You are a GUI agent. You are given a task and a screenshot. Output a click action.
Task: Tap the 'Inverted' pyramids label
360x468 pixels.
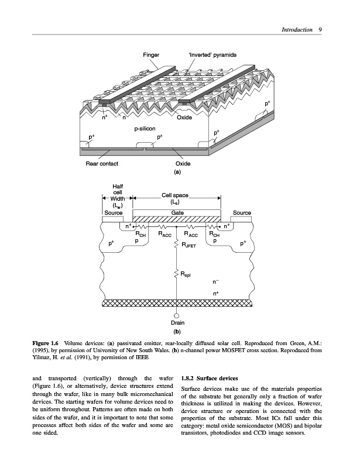click(212, 55)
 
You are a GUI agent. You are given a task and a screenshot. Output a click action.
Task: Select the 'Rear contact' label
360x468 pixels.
click(102, 164)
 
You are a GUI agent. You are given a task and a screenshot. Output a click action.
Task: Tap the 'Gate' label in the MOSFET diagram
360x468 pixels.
click(177, 213)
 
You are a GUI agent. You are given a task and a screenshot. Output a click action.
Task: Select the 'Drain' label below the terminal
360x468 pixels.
click(177, 322)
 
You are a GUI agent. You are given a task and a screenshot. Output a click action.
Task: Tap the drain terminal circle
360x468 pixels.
click(177, 315)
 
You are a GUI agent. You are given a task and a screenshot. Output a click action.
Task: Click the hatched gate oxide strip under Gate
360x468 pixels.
click(177, 220)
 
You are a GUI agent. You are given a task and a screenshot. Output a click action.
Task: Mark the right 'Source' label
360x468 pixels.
click(242, 213)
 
